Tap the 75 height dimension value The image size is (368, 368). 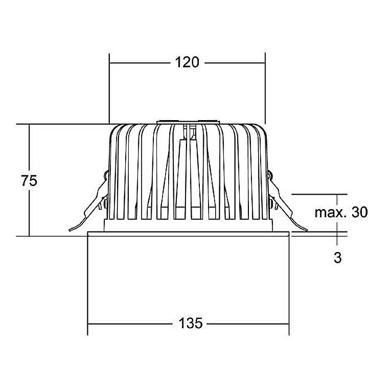(x=29, y=181)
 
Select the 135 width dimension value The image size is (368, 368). (x=190, y=324)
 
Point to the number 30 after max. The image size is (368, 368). (x=359, y=213)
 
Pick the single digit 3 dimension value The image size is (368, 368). (x=337, y=258)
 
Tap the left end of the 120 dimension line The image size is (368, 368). (x=110, y=63)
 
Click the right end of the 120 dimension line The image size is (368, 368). (x=265, y=63)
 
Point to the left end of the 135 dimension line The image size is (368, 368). (x=88, y=324)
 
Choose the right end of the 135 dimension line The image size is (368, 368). (x=290, y=324)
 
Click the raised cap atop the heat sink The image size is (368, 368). (x=188, y=122)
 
